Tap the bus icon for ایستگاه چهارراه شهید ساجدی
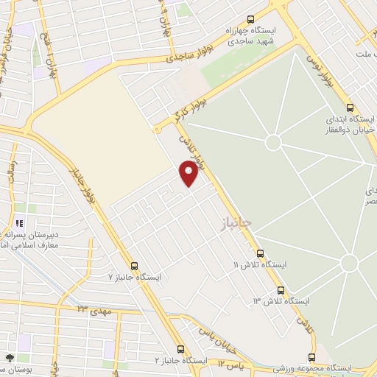pyautogui.click(x=250, y=21)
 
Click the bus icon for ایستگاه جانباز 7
pyautogui.click(x=133, y=266)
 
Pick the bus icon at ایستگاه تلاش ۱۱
pyautogui.click(x=280, y=290)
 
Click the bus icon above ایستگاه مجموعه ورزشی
pyautogui.click(x=312, y=358)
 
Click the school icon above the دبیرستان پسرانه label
pyautogui.click(x=20, y=222)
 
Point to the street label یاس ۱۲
pyautogui.click(x=229, y=364)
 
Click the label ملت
pyautogui.click(x=362, y=55)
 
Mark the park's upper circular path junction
pyautogui.click(x=273, y=141)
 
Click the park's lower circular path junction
pyautogui.click(x=348, y=263)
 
